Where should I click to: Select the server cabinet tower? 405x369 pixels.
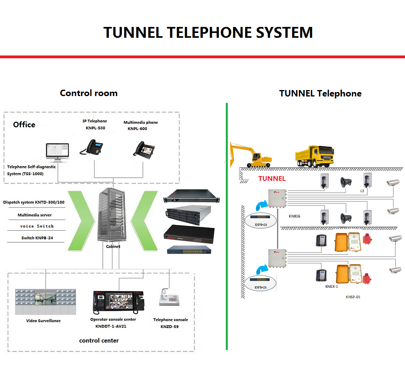(x=112, y=215)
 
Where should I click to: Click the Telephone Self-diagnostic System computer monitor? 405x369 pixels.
(x=57, y=152)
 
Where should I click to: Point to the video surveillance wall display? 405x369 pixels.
(x=45, y=301)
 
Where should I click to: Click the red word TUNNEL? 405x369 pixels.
(x=272, y=178)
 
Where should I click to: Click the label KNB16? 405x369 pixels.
(x=295, y=216)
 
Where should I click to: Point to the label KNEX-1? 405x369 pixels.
(x=331, y=287)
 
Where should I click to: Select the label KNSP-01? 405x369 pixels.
(x=353, y=297)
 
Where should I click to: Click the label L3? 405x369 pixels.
(x=362, y=191)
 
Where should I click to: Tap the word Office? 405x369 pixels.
(x=24, y=125)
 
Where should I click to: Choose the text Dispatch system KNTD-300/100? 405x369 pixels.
(x=34, y=202)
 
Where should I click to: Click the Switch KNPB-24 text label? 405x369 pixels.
(x=37, y=238)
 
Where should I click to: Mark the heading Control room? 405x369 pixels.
(x=88, y=93)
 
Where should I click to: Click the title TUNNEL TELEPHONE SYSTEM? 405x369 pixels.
(x=208, y=32)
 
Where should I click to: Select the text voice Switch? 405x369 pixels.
(x=37, y=226)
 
